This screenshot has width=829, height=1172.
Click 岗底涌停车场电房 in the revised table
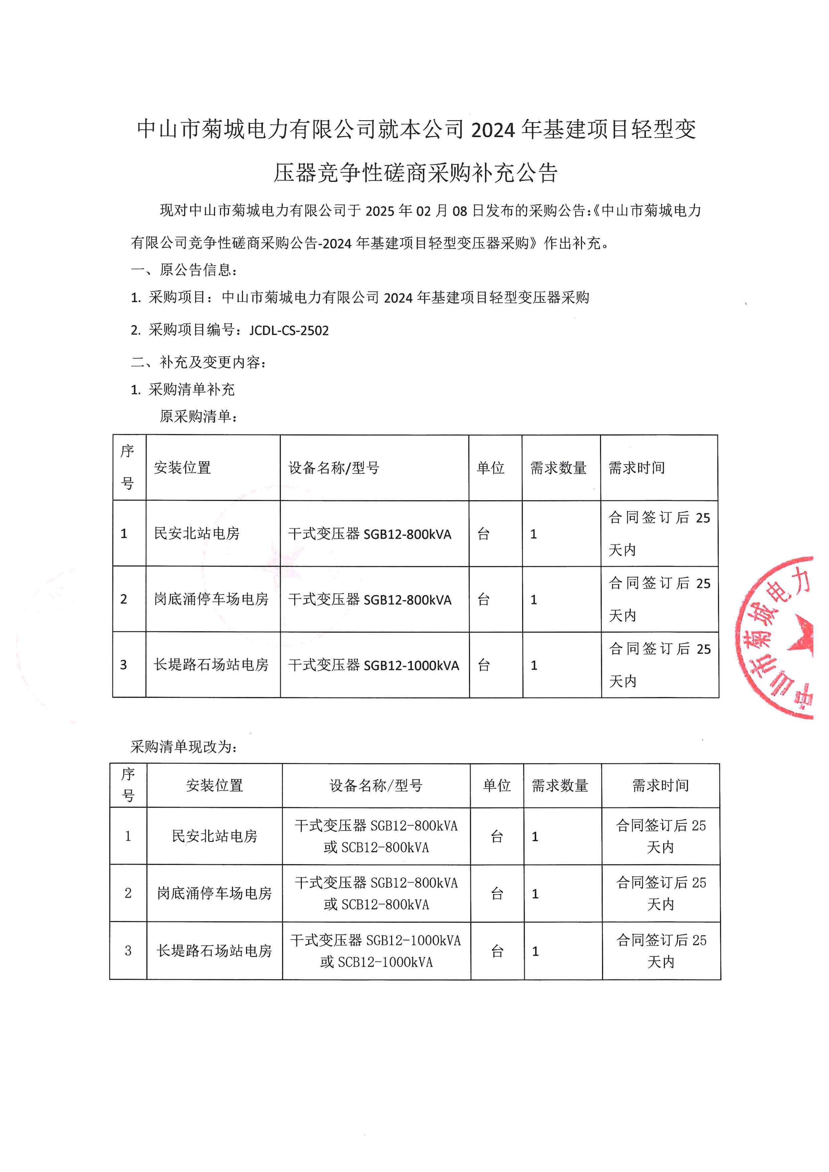click(214, 893)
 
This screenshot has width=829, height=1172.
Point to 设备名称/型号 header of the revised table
click(376, 786)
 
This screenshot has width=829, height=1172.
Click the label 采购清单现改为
click(184, 747)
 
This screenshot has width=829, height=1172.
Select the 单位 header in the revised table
click(497, 786)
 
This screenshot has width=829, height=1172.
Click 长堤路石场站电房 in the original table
click(211, 665)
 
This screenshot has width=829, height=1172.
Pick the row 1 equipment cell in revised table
click(376, 836)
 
